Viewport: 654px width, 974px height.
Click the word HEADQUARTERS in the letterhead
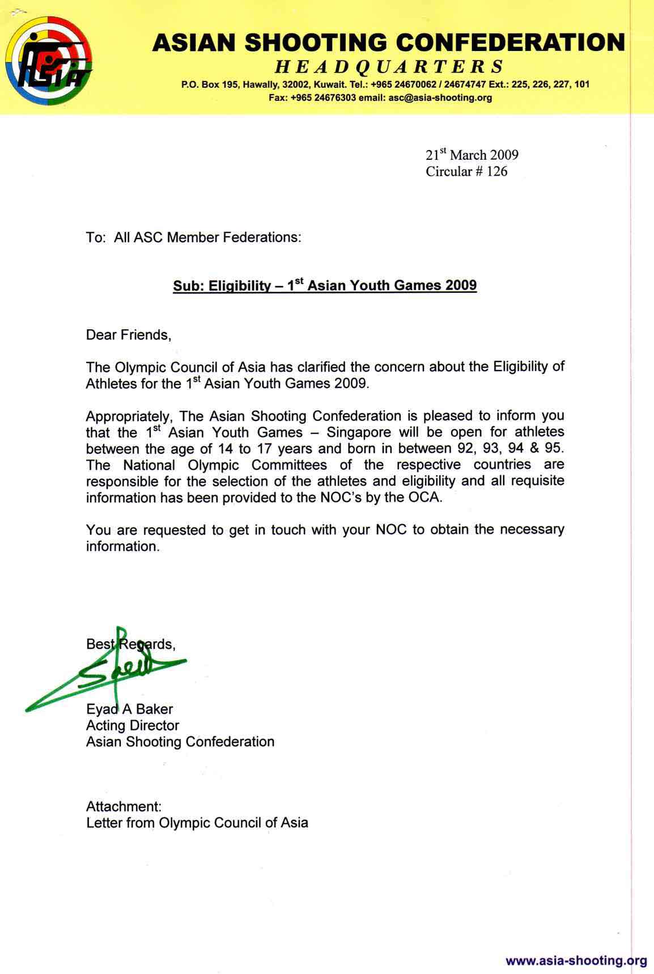389,67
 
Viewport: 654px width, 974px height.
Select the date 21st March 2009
472,155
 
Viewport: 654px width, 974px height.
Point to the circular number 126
497,171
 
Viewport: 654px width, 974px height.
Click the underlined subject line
325,285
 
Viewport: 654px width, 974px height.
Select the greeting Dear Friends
129,335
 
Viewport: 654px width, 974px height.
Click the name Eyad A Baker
129,709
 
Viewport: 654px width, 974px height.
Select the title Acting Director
132,725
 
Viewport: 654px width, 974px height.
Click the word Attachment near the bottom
124,806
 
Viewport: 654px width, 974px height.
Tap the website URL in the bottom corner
576,960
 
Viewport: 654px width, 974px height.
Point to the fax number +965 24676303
322,97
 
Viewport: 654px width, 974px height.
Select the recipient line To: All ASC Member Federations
193,237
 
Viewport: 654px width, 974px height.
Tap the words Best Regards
130,644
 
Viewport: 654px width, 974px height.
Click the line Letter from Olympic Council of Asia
197,823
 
